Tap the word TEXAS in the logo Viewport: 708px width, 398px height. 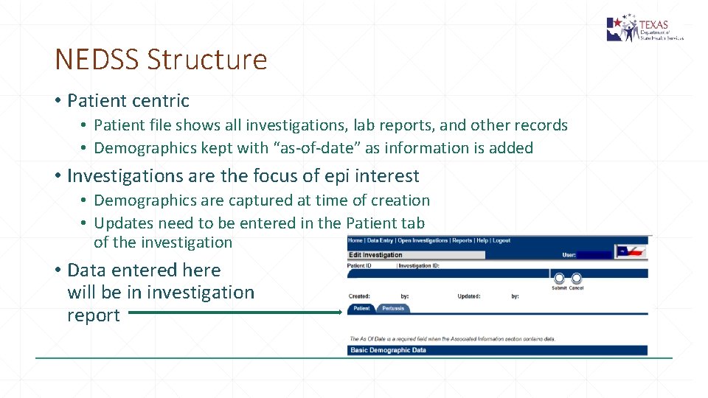point(653,24)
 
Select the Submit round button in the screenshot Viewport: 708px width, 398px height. point(559,279)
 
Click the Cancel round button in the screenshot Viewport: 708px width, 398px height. point(577,279)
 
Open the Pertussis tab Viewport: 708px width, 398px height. point(393,308)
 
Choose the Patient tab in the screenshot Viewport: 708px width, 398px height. point(361,308)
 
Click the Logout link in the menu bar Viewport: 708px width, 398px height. point(502,240)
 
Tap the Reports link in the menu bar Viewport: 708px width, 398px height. point(462,240)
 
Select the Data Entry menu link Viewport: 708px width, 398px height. point(381,240)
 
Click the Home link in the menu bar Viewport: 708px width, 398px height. point(355,240)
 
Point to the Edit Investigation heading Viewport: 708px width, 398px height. point(376,255)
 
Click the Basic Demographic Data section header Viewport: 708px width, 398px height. point(389,350)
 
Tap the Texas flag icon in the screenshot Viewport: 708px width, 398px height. point(631,251)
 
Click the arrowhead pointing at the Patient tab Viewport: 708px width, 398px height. point(339,313)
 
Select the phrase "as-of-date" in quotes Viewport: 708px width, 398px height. point(317,148)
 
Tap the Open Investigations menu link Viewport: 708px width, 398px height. point(423,240)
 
